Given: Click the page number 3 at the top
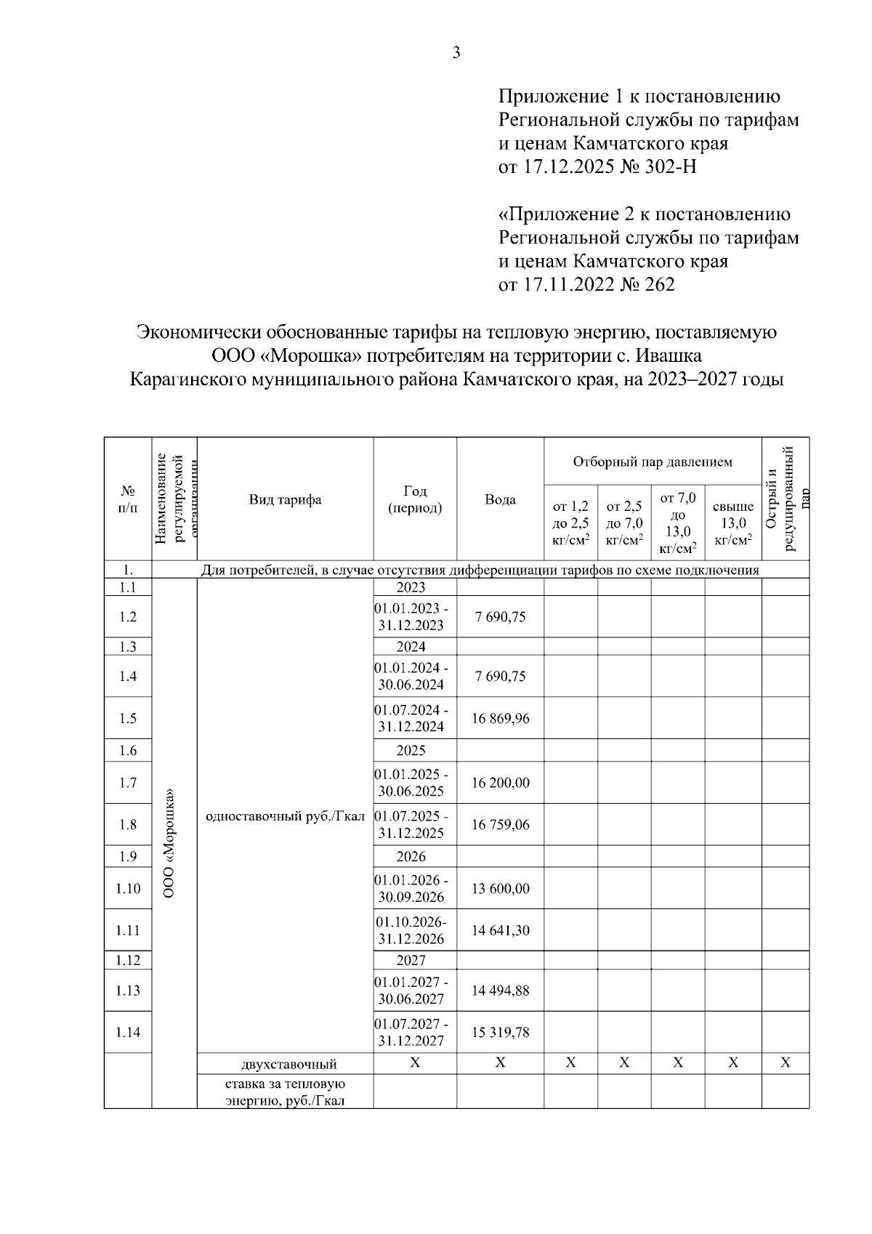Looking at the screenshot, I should click(x=456, y=52).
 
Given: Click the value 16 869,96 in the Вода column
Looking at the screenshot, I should click(x=500, y=718).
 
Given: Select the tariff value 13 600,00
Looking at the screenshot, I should click(x=500, y=888).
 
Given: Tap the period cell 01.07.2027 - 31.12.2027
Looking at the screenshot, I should click(x=411, y=1032).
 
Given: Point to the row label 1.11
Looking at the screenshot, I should click(x=128, y=930).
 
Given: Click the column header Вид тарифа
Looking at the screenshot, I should click(x=285, y=499).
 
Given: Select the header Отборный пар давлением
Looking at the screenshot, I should click(x=652, y=461).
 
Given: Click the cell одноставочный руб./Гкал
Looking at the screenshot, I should click(x=285, y=815).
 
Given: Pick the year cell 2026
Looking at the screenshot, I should click(x=411, y=856).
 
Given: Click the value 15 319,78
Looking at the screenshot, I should click(x=500, y=1032).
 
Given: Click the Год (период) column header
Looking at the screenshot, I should click(x=414, y=499).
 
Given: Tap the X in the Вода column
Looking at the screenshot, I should click(x=500, y=1062).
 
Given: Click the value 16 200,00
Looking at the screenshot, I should click(x=500, y=783).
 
